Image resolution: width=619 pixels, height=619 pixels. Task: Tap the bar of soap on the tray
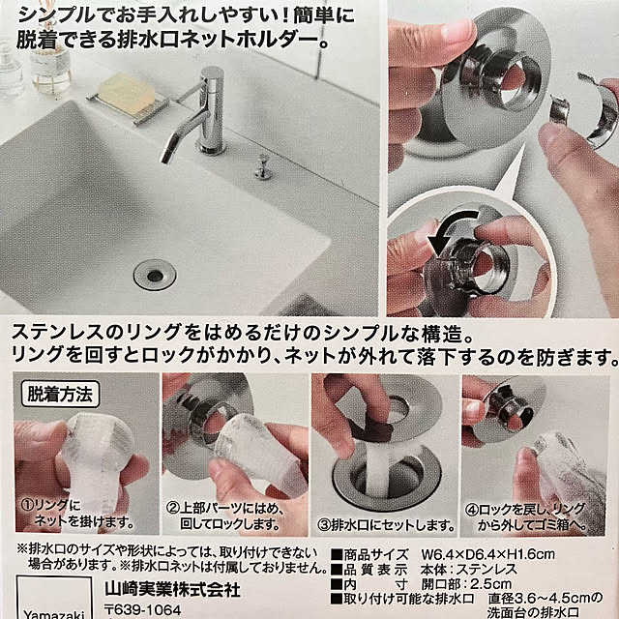(127, 92)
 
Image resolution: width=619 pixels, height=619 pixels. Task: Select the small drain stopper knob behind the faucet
(261, 166)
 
